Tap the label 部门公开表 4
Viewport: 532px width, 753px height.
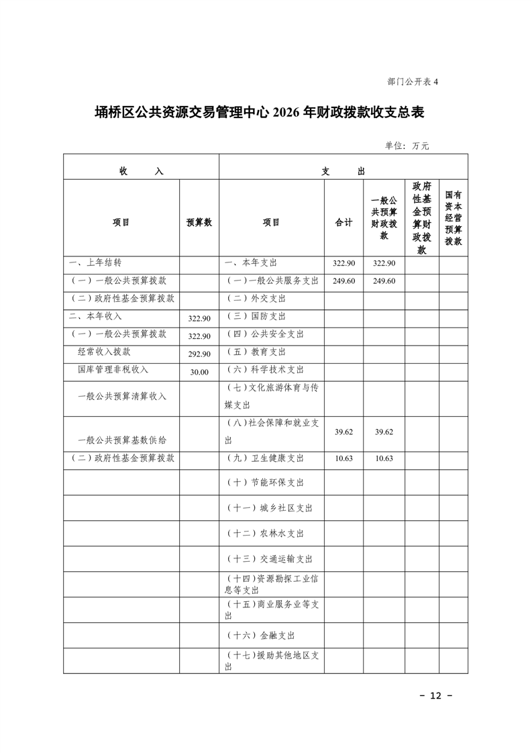[x=412, y=82]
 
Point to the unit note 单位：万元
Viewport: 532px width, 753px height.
[x=407, y=146]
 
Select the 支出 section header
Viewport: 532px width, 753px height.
[x=343, y=171]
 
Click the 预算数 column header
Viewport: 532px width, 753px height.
[x=199, y=222]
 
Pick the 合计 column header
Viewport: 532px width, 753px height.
[x=343, y=222]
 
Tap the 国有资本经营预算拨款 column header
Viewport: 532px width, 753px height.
[x=454, y=217]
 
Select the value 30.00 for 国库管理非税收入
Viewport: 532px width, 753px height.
[x=199, y=371]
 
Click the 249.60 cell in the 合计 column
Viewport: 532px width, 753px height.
[x=343, y=281]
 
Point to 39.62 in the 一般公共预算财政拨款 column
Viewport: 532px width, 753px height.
[x=384, y=432]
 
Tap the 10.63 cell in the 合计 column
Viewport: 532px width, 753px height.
[x=343, y=458]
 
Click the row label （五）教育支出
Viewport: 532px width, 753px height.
[x=257, y=352]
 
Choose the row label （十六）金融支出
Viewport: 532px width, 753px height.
[x=261, y=635]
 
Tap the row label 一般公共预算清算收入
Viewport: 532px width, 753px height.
[x=122, y=396]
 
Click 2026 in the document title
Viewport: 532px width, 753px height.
[x=286, y=113]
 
